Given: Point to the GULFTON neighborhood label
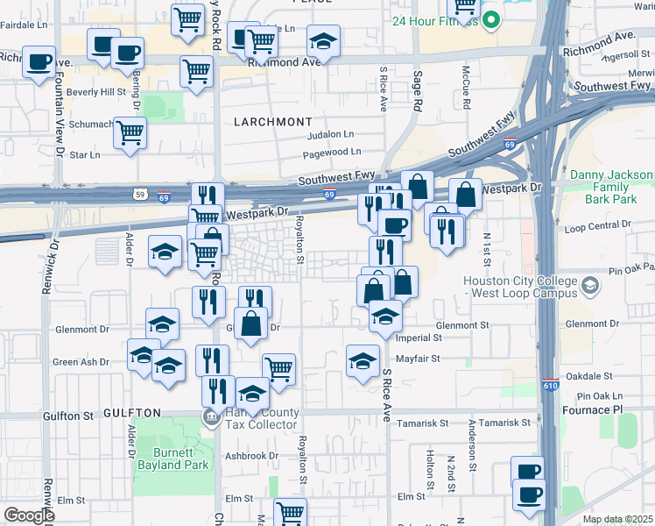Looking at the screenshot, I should (x=132, y=413).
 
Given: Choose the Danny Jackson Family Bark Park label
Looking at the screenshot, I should (x=611, y=187).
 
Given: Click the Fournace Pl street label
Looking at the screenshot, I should (x=616, y=410).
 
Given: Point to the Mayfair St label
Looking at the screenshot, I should (x=415, y=359).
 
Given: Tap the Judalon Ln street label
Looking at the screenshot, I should (x=330, y=135).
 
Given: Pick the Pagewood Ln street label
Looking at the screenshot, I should (x=327, y=153).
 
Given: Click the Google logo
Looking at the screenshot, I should (x=28, y=515).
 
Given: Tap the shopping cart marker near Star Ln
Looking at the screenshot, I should (x=130, y=134).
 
